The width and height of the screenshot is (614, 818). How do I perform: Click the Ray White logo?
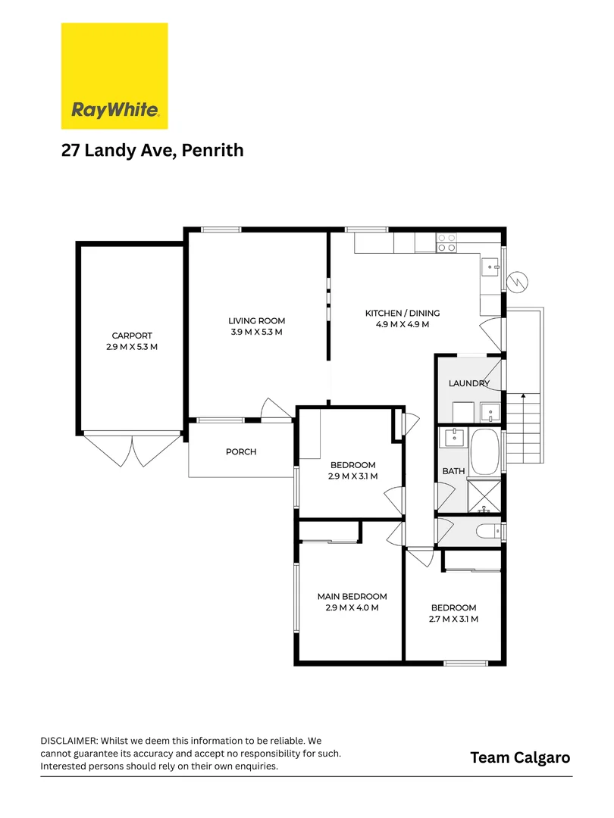pyautogui.click(x=114, y=76)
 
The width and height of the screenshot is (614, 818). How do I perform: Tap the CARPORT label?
pyautogui.click(x=132, y=336)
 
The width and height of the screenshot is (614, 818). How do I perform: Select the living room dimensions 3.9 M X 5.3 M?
pyautogui.click(x=256, y=333)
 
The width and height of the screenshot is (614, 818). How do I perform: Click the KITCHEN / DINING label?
pyautogui.click(x=402, y=313)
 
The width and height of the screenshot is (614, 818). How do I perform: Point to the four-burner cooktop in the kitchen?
pyautogui.click(x=446, y=242)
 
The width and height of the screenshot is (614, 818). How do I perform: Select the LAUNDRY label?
pyautogui.click(x=468, y=383)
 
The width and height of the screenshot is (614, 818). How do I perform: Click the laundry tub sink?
pyautogui.click(x=490, y=413)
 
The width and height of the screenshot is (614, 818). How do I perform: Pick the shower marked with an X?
pyautogui.click(x=484, y=496)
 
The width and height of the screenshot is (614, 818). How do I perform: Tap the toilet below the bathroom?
pyautogui.click(x=488, y=531)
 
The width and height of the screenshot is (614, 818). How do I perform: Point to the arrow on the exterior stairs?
pyautogui.click(x=523, y=397)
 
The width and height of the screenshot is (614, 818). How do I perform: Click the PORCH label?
pyautogui.click(x=241, y=452)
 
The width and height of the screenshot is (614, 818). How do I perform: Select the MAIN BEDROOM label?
pyautogui.click(x=352, y=596)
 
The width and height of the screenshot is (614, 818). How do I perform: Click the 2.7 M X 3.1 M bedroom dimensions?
pyautogui.click(x=453, y=619)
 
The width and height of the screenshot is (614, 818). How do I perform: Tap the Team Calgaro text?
pyautogui.click(x=520, y=757)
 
